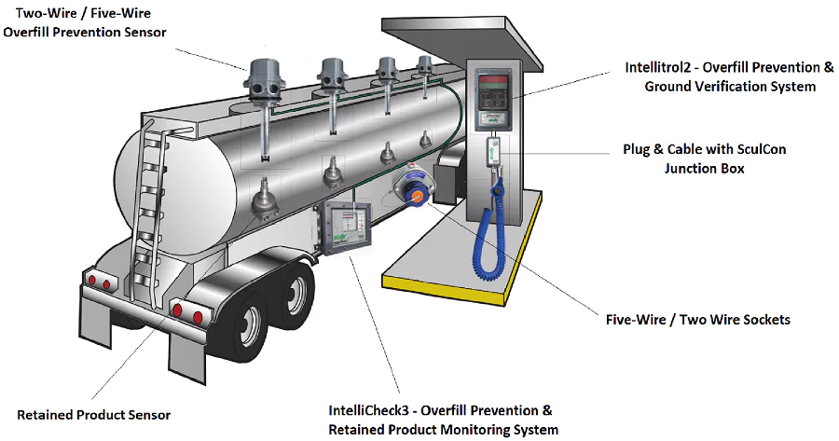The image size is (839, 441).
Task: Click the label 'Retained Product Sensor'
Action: coord(94,414)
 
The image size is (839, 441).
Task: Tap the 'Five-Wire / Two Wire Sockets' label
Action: coord(698,320)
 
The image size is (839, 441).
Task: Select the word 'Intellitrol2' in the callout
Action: coord(663,68)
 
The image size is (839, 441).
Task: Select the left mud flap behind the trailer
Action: coord(97,322)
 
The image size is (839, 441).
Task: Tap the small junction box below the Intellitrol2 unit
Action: coord(493,148)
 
